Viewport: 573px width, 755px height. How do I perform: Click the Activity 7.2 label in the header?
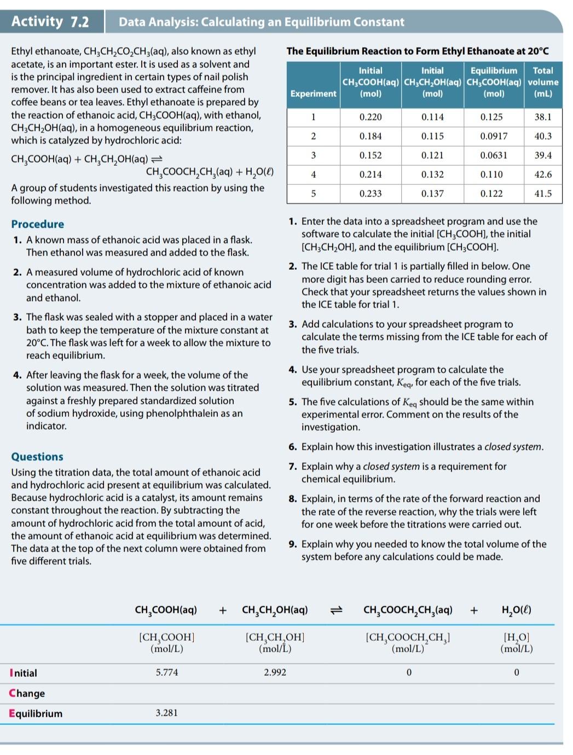[50, 21]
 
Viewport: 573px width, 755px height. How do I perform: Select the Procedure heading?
[37, 224]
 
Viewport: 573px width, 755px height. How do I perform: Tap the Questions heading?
[37, 456]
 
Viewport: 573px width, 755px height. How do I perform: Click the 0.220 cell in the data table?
[371, 117]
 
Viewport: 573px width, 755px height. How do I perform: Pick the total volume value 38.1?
[543, 117]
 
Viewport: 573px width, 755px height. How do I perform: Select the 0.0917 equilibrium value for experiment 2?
[494, 136]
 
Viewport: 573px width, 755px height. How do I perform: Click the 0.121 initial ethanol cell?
[432, 155]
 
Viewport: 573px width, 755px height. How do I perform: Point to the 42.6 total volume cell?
[543, 175]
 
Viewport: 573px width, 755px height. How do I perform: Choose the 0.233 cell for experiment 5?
[371, 194]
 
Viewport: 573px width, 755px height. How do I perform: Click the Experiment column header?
[313, 94]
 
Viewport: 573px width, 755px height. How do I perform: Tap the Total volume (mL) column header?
[543, 82]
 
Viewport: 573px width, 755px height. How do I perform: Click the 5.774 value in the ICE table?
[167, 672]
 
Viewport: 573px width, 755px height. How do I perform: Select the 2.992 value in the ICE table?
[275, 672]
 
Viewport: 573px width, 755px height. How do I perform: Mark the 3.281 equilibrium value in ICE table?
[166, 713]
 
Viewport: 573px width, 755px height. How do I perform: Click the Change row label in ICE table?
[27, 693]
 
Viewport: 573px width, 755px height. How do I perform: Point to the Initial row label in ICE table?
[24, 673]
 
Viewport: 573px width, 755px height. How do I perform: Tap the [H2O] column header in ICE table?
[516, 642]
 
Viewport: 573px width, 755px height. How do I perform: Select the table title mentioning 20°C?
[417, 51]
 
